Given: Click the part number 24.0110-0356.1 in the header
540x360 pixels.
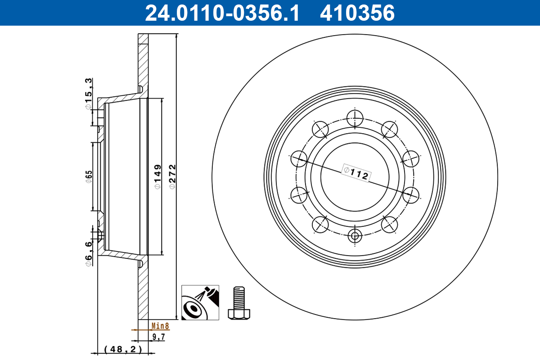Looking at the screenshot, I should tap(221, 13).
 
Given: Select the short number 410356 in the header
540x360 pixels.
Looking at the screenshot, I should tap(357, 13).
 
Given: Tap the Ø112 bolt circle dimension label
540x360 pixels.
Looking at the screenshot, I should tap(355, 173).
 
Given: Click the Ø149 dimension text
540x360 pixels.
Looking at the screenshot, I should tap(157, 175).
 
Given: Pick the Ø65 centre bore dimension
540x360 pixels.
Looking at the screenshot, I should tap(89, 176).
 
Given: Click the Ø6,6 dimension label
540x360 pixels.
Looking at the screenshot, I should tap(89, 253).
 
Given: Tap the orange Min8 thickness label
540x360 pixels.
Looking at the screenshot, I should tap(159, 325).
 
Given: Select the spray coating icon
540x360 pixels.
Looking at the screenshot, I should tap(200, 303).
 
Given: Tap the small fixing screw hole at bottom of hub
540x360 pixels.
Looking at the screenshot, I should tap(355, 235).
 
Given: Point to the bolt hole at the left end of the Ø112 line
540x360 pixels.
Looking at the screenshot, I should tap(299, 158).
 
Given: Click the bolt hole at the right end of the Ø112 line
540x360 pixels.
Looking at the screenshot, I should tap(411, 195).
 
